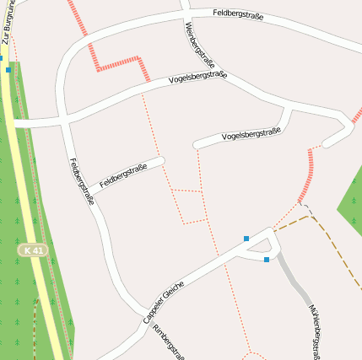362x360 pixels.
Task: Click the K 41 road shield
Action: [x=34, y=251]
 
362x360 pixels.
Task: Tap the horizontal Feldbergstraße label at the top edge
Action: [x=239, y=14]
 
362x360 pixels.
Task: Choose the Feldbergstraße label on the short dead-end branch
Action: [x=123, y=176]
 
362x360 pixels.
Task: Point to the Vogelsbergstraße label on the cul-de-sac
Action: [x=251, y=134]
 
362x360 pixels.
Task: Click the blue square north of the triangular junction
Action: [x=246, y=239]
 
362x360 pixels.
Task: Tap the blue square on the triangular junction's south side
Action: [x=267, y=260]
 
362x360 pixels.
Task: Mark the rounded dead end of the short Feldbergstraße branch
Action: [x=159, y=160]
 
